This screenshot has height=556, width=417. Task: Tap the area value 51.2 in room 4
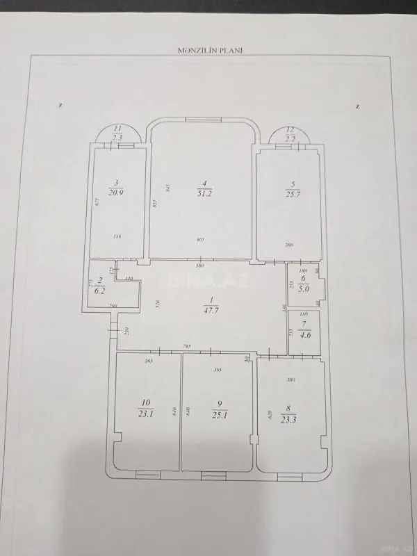point(204,193)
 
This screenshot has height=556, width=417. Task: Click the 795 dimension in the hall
point(187,345)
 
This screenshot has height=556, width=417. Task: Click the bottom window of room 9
point(213,475)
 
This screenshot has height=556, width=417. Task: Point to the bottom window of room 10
point(147,475)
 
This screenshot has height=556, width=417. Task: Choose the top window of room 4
point(203,121)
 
